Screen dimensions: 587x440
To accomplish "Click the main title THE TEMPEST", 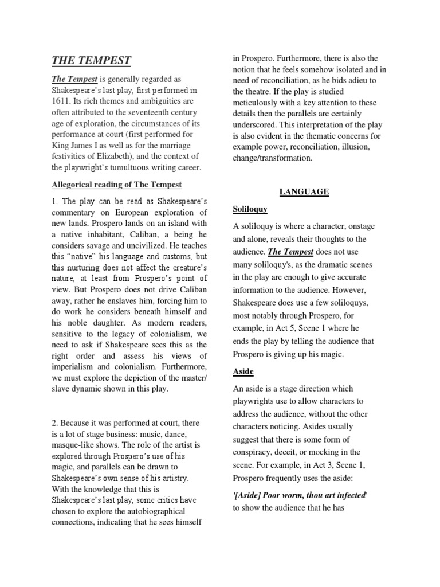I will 92,60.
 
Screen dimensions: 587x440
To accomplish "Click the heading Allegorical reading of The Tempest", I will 116,185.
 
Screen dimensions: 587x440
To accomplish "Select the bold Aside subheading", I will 243,371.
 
